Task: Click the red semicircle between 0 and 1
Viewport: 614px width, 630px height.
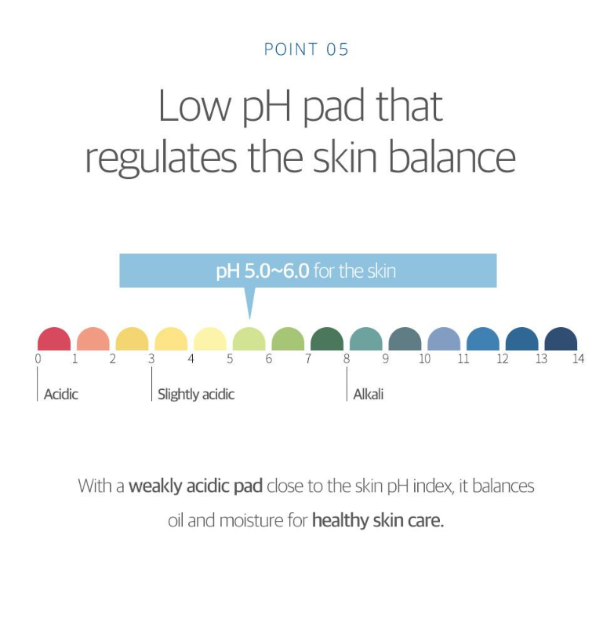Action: pyautogui.click(x=54, y=339)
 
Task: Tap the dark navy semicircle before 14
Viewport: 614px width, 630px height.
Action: pyautogui.click(x=561, y=339)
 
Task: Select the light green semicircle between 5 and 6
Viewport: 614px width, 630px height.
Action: pyautogui.click(x=249, y=339)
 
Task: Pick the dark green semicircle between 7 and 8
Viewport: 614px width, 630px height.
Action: pyautogui.click(x=327, y=339)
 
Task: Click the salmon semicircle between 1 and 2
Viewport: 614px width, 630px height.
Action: pyautogui.click(x=93, y=339)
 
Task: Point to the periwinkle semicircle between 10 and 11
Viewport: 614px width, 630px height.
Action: pyautogui.click(x=444, y=339)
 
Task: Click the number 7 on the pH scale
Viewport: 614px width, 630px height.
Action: pyautogui.click(x=308, y=359)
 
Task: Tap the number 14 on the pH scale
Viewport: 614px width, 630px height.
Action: pyautogui.click(x=578, y=359)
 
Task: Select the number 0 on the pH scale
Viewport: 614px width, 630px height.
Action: pyautogui.click(x=38, y=359)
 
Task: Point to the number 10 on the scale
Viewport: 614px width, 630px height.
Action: pyautogui.click(x=424, y=359)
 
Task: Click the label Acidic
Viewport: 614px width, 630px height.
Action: pyautogui.click(x=61, y=394)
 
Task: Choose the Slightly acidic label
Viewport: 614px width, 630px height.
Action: pyautogui.click(x=196, y=395)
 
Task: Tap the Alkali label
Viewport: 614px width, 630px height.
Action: pyautogui.click(x=369, y=394)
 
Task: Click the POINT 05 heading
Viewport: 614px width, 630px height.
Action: pyautogui.click(x=307, y=49)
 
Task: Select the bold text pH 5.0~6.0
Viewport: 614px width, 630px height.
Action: pyautogui.click(x=263, y=271)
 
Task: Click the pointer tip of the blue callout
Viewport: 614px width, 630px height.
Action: pyautogui.click(x=250, y=319)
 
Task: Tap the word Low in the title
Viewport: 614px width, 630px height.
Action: pyautogui.click(x=194, y=106)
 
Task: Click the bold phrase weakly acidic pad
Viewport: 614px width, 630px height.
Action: pyautogui.click(x=195, y=486)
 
